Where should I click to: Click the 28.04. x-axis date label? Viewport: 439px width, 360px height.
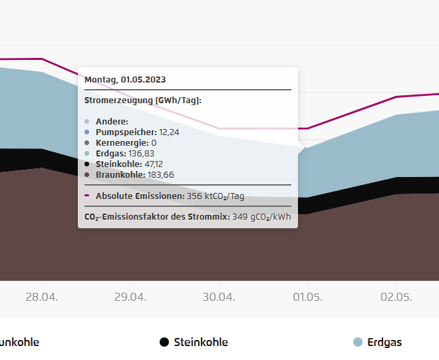click(x=41, y=296)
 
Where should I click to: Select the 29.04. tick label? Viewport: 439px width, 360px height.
click(x=130, y=296)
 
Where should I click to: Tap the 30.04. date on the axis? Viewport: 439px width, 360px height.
click(x=219, y=296)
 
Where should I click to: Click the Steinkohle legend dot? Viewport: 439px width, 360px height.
click(x=164, y=342)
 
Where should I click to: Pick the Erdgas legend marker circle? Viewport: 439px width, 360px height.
click(x=358, y=342)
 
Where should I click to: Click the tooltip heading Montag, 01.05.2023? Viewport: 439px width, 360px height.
click(x=125, y=79)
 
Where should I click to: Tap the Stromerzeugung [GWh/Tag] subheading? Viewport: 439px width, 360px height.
click(x=143, y=100)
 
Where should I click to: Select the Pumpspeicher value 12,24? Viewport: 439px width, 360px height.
click(x=169, y=132)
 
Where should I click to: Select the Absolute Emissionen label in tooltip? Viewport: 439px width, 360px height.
click(x=140, y=196)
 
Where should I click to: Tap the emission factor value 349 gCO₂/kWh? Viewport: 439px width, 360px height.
click(x=261, y=216)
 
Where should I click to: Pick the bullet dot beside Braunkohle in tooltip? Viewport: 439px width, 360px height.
click(x=87, y=174)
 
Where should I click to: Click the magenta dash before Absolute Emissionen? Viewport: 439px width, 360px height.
click(x=87, y=196)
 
